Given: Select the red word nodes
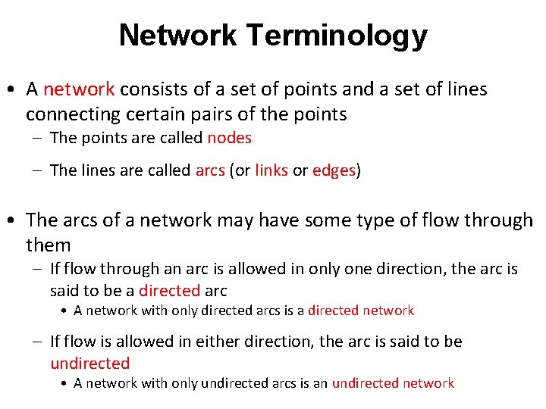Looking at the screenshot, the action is (229, 138).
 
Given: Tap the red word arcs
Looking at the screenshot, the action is (210, 170).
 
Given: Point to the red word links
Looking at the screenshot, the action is (271, 170).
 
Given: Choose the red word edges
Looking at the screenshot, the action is (334, 170).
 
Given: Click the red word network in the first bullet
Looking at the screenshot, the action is (79, 89).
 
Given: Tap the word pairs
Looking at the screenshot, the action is (234, 114).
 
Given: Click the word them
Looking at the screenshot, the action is (48, 245).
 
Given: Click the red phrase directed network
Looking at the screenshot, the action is (361, 311).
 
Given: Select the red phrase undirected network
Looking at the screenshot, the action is (393, 383).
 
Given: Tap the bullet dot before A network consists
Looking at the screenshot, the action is (13, 90).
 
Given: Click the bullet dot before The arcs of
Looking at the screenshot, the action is (13, 221).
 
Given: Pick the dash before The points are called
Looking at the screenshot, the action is (38, 139).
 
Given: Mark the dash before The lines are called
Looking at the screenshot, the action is (38, 171).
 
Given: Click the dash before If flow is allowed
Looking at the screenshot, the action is (38, 342).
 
